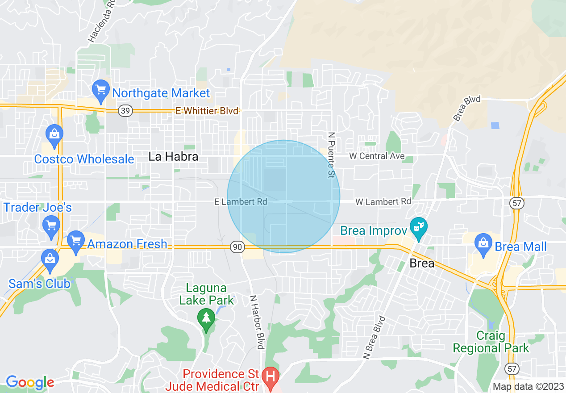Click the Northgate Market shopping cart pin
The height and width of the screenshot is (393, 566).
tap(100, 91)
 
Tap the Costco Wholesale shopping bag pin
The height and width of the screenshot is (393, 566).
tap(54, 135)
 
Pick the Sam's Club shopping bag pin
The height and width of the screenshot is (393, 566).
tap(50, 260)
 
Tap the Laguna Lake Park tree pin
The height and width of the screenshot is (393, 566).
tap(206, 319)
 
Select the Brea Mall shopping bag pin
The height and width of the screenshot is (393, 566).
tap(483, 244)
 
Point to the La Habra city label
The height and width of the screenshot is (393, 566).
tap(173, 157)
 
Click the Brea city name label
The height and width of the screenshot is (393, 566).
tap(422, 263)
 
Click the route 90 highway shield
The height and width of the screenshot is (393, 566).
tap(237, 247)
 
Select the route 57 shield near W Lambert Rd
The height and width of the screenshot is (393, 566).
tap(517, 203)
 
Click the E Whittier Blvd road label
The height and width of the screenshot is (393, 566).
tap(207, 111)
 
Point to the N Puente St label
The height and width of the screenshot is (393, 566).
tap(331, 155)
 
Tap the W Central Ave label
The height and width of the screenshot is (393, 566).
tap(377, 156)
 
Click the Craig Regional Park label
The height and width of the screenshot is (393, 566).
tap(491, 342)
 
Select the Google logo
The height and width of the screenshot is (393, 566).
tap(29, 382)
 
